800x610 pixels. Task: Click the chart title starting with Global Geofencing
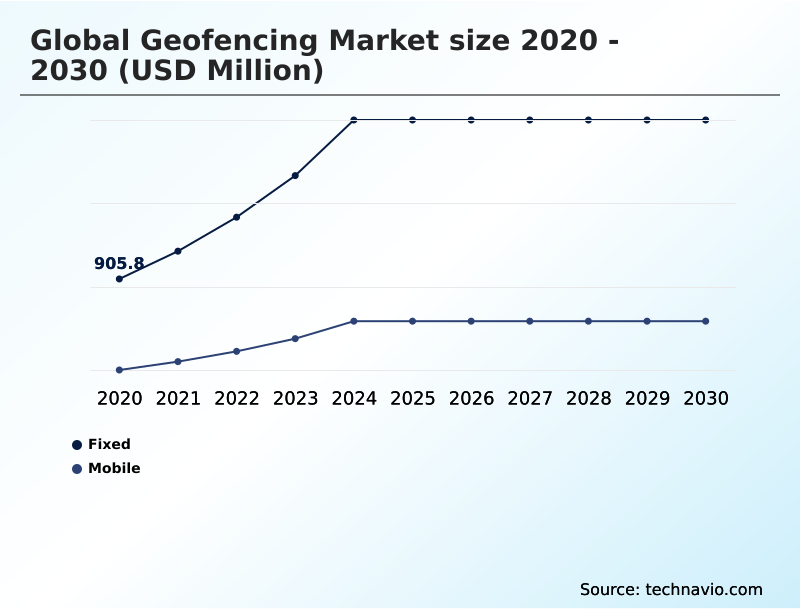coord(325,56)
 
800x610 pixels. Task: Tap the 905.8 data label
coord(119,264)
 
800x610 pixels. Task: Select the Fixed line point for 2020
coord(119,279)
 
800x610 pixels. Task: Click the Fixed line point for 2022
coord(237,217)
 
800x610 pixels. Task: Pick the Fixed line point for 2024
coord(354,120)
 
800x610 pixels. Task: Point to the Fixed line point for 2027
coord(530,120)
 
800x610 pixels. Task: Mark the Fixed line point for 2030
coord(706,120)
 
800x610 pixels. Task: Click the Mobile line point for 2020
coord(119,370)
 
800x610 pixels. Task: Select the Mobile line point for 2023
coord(295,338)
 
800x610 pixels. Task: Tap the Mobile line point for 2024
coord(354,321)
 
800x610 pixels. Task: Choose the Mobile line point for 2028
coord(589,321)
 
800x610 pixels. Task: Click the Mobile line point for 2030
coord(706,321)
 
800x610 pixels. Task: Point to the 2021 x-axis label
coord(178,399)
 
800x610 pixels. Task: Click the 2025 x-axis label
coord(412,399)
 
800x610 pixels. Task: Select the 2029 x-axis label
coord(647,399)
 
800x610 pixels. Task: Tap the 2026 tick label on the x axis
coord(471,399)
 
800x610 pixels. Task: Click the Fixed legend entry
coord(102,444)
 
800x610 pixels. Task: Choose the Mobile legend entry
coord(106,468)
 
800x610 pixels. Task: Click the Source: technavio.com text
coord(671,589)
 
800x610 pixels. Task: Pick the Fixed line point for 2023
coord(295,176)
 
